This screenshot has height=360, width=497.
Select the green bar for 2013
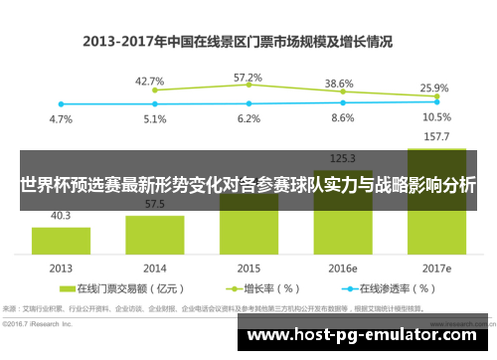pyautogui.click(x=61, y=240)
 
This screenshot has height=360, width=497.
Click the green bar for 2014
pyautogui.click(x=154, y=233)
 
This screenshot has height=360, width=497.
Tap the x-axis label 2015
pyautogui.click(x=248, y=268)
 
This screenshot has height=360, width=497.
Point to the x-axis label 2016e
pyautogui.click(x=342, y=268)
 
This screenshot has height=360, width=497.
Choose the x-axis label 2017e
pyautogui.click(x=435, y=268)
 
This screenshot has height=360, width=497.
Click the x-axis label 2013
pyautogui.click(x=61, y=268)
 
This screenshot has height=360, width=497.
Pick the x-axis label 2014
pyautogui.click(x=154, y=268)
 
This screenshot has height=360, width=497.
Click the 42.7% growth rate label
pyautogui.click(x=149, y=81)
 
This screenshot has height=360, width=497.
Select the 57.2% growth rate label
pyautogui.click(x=248, y=77)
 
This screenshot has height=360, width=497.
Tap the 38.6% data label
pyautogui.click(x=340, y=84)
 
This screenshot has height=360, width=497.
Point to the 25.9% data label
pyautogui.click(x=434, y=88)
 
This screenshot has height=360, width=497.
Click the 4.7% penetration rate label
pyautogui.click(x=61, y=118)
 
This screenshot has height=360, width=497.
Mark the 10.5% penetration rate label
pyautogui.click(x=435, y=116)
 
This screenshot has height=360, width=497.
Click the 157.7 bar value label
pyautogui.click(x=435, y=137)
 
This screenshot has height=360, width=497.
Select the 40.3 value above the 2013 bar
pyautogui.click(x=61, y=214)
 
